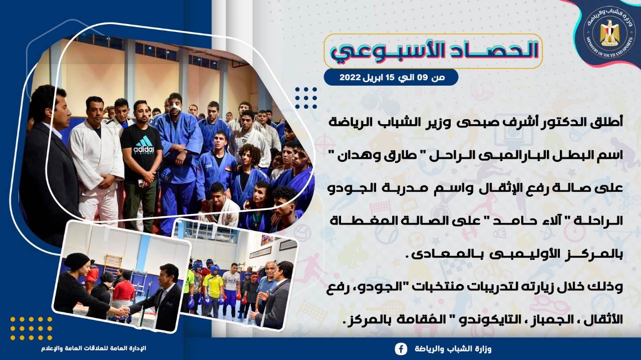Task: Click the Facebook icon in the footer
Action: tap(401, 349)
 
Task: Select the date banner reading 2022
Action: tap(391, 77)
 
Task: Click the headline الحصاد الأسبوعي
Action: tap(434, 51)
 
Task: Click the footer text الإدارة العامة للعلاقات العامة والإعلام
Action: tap(94, 348)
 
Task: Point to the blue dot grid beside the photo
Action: tap(306, 98)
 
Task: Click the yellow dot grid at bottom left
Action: tap(31, 328)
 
